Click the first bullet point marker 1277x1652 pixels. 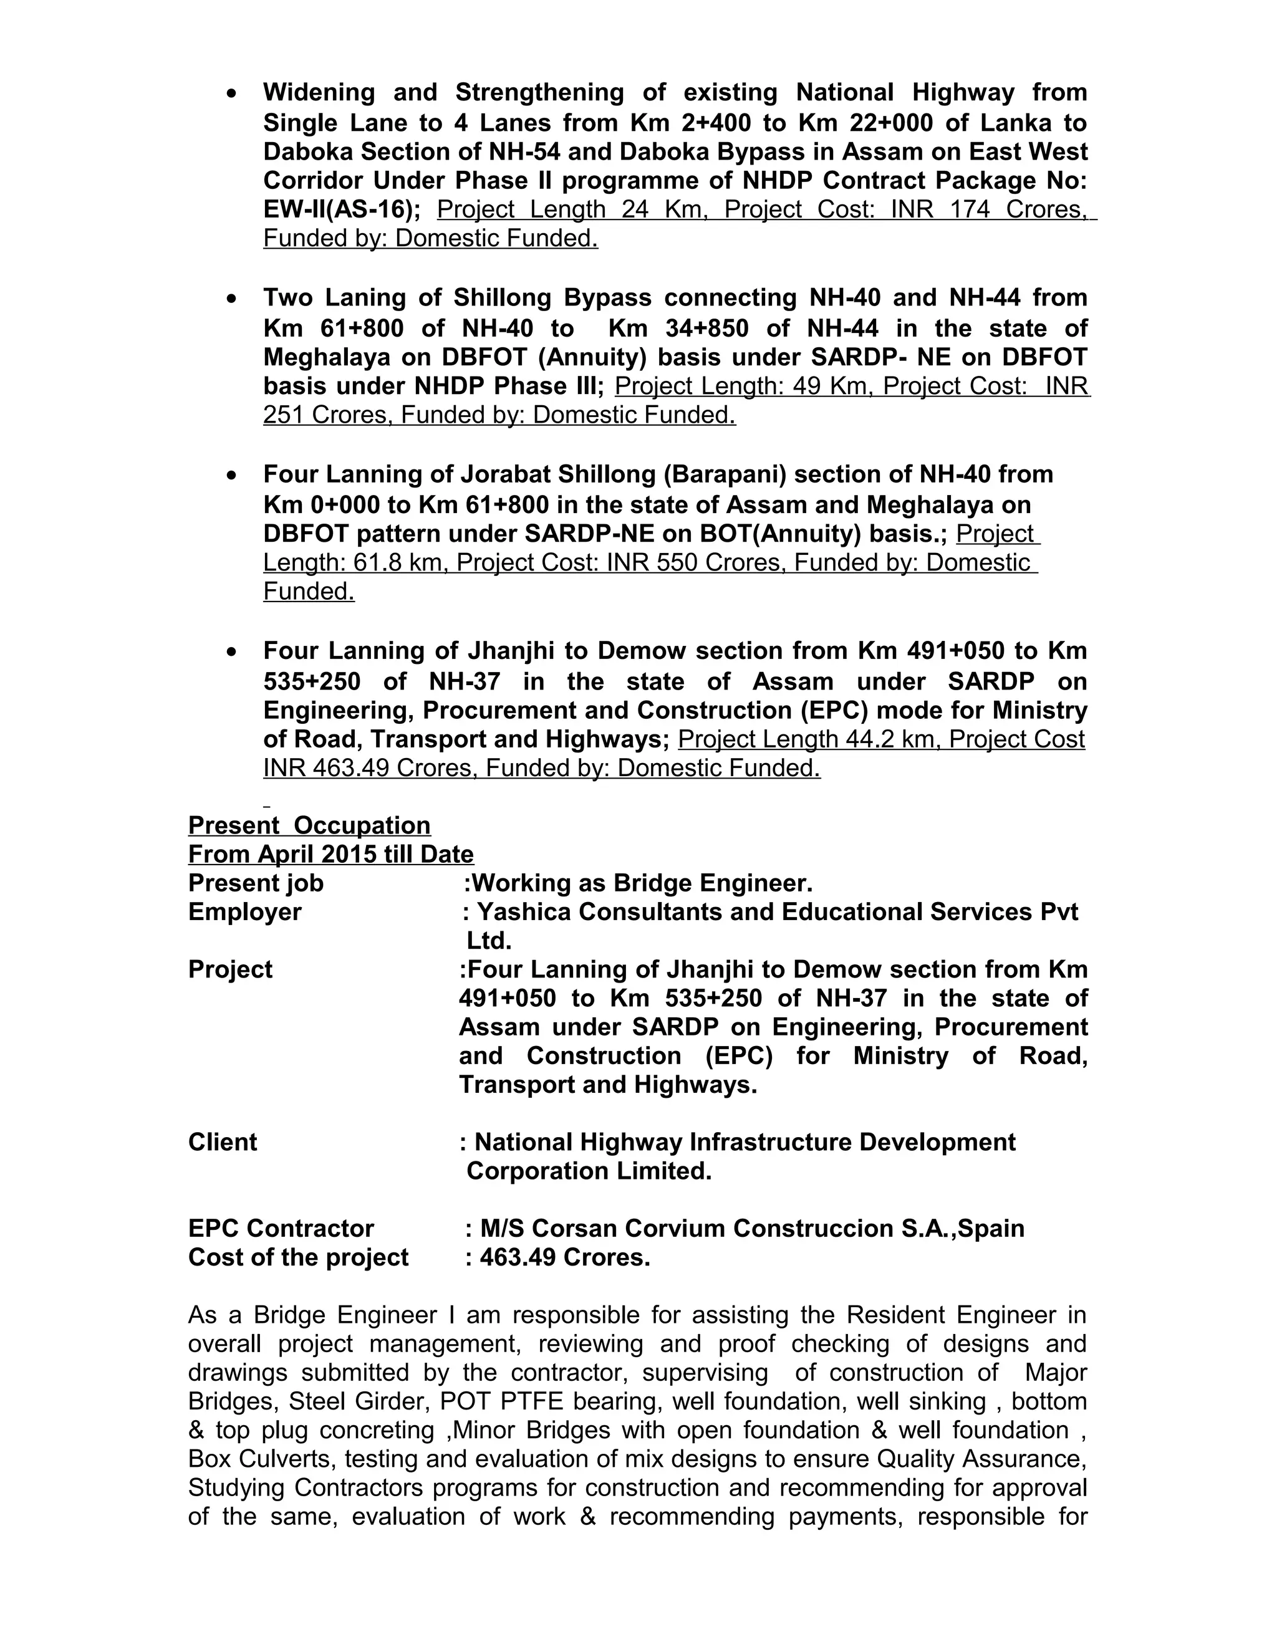[232, 94]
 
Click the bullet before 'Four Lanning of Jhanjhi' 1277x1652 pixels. [232, 652]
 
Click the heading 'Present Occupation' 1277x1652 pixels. [309, 825]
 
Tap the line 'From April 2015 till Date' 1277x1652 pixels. [330, 854]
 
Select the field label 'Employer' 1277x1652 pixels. [244, 912]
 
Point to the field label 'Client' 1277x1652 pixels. [223, 1142]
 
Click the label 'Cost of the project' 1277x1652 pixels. [298, 1257]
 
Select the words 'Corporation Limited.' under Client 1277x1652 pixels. [589, 1171]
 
